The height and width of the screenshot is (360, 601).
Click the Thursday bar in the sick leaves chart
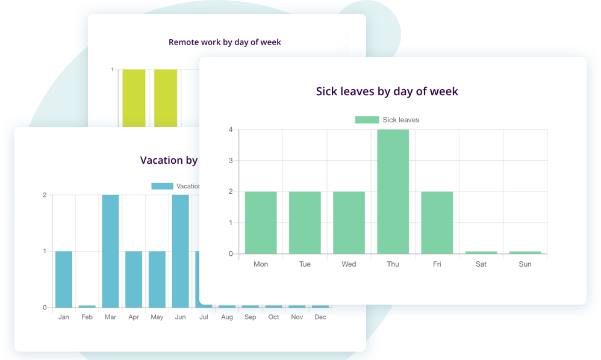(x=393, y=191)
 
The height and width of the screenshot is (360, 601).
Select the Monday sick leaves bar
(x=261, y=222)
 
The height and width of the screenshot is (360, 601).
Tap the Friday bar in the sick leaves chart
(x=437, y=222)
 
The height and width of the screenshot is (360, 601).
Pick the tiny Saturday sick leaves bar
(x=481, y=252)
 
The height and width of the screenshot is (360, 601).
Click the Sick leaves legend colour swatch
(x=367, y=120)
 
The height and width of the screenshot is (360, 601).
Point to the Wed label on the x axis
(x=349, y=264)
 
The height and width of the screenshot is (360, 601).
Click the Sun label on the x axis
(x=525, y=264)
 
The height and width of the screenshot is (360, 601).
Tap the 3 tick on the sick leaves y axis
(x=231, y=161)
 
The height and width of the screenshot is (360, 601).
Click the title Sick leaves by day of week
(x=387, y=92)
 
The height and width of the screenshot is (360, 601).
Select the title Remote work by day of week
(x=225, y=42)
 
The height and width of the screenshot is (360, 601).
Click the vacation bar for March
(x=110, y=250)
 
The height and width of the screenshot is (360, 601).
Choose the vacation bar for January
(x=64, y=279)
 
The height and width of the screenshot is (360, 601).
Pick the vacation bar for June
(x=180, y=250)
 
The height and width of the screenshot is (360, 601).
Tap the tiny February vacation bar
(x=87, y=306)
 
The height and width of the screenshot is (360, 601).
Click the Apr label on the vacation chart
(x=134, y=317)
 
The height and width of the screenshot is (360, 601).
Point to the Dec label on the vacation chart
(x=320, y=317)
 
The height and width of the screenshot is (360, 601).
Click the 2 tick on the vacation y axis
(x=45, y=195)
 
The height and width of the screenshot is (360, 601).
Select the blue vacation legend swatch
(x=162, y=186)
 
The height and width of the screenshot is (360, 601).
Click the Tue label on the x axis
(x=305, y=264)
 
